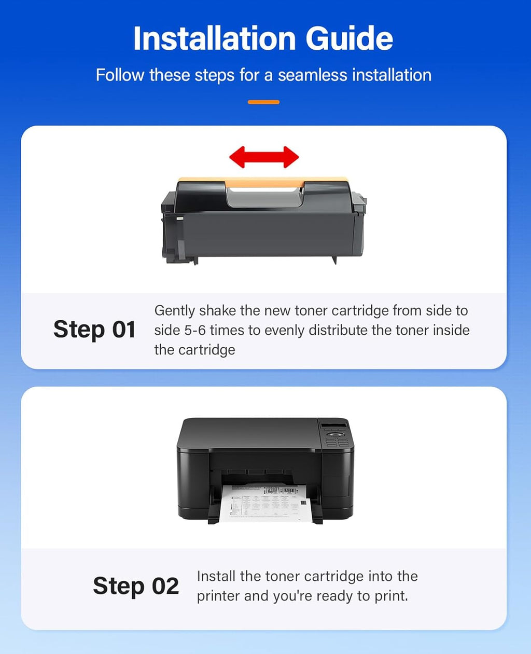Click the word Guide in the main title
pyautogui.click(x=349, y=38)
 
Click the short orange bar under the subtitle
pyautogui.click(x=263, y=102)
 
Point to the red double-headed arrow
pyautogui.click(x=264, y=157)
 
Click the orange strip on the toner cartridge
pyautogui.click(x=264, y=182)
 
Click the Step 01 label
pyautogui.click(x=94, y=330)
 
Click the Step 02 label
pyautogui.click(x=136, y=586)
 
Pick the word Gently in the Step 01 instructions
pyautogui.click(x=175, y=310)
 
